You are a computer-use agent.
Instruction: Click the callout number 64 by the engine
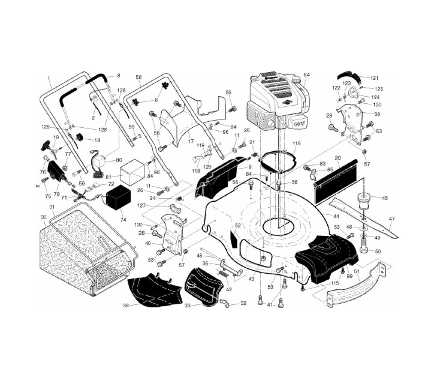click(x=306, y=75)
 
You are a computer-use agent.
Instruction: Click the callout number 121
click(x=374, y=78)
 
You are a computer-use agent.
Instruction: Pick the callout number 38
click(x=125, y=306)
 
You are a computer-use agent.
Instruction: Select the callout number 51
click(x=357, y=271)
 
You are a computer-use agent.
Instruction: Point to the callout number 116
click(x=297, y=143)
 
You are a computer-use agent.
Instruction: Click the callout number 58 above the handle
click(x=138, y=77)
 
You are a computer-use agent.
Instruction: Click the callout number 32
click(x=243, y=304)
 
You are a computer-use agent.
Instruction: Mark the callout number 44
click(x=337, y=216)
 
